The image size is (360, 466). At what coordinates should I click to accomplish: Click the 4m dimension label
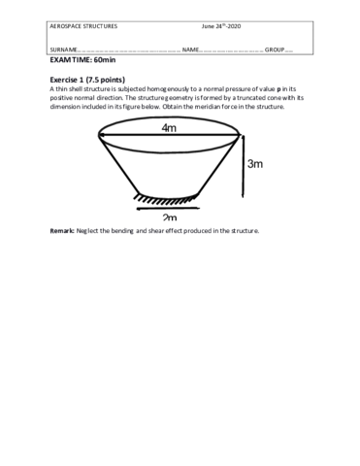click(x=169, y=128)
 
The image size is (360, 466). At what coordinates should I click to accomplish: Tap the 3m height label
click(x=255, y=164)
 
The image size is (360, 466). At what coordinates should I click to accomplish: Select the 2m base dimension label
click(x=170, y=216)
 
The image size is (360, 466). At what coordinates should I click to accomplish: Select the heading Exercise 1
click(x=71, y=77)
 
